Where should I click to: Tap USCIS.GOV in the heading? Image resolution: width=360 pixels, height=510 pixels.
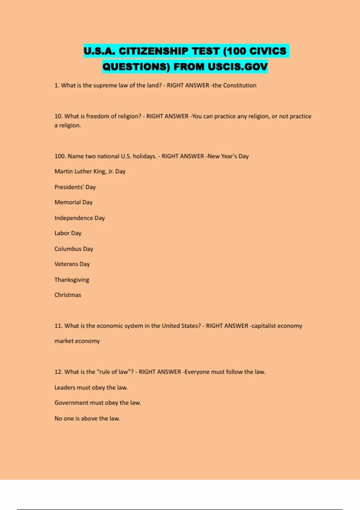[237, 67]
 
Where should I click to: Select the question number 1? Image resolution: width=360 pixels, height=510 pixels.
[57, 85]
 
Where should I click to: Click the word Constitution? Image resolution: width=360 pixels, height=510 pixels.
[240, 85]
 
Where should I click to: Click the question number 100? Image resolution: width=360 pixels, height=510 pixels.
[60, 156]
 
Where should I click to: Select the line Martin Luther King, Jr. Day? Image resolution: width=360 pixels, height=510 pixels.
[90, 172]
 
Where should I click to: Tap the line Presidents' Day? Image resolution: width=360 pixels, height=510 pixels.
[75, 187]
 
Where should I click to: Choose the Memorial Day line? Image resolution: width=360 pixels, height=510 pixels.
[73, 202]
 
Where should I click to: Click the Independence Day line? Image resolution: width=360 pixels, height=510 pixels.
[79, 218]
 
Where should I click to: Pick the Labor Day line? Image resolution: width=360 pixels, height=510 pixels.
[68, 233]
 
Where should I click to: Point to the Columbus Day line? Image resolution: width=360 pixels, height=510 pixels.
[74, 249]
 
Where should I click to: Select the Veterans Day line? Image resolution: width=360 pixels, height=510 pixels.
[72, 264]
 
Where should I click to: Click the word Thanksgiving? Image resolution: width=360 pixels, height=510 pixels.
[72, 280]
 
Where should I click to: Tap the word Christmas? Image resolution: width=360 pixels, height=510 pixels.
[68, 295]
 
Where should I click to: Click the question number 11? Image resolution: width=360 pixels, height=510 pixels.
[58, 326]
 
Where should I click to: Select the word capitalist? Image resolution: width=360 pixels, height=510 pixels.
[263, 326]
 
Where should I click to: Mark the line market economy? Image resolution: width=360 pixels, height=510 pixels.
[77, 341]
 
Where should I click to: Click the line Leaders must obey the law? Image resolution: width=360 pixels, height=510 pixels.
[91, 388]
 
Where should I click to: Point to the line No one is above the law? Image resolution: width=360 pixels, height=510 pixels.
[87, 418]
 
